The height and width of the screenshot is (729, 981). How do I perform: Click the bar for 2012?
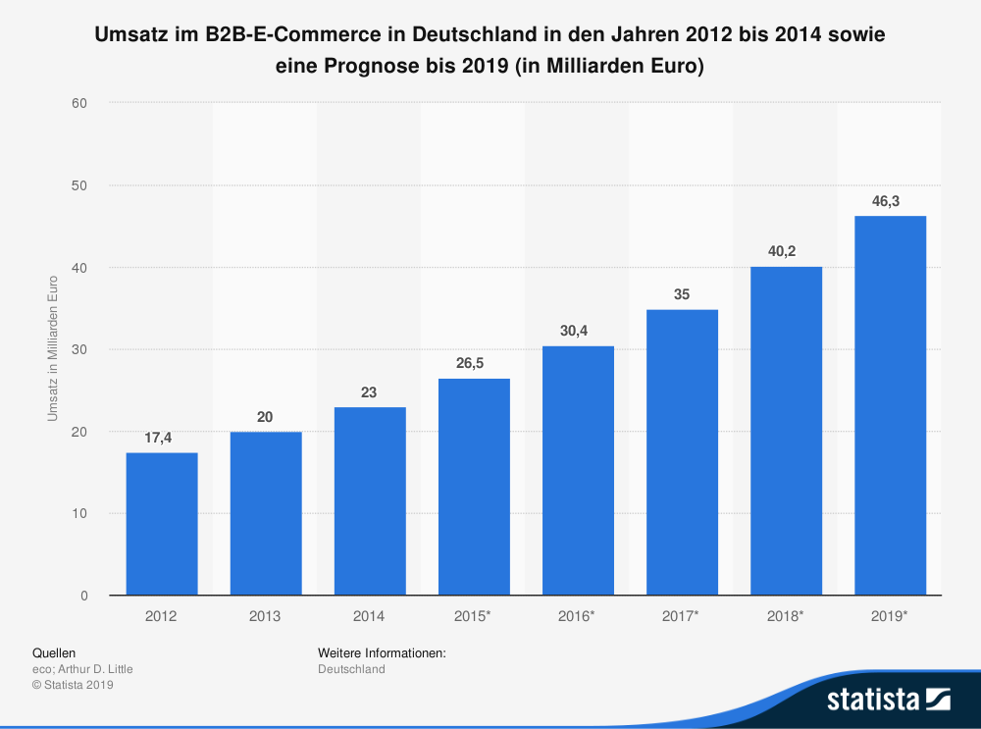162,524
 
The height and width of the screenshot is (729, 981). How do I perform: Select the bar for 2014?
370,501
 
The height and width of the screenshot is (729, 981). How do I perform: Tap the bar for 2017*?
682,452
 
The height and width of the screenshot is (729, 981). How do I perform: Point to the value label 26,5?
474,363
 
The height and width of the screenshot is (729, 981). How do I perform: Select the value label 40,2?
786,251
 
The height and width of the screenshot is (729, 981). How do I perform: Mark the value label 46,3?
890,201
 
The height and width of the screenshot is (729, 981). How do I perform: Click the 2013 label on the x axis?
266,616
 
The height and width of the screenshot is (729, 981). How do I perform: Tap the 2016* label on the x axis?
578,616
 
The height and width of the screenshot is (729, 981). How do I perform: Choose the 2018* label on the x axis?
786,616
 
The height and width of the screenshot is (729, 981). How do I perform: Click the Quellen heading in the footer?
54,652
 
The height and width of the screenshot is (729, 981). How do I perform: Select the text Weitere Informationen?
383,652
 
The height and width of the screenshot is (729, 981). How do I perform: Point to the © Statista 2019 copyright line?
74,685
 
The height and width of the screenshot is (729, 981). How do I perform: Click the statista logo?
888,699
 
